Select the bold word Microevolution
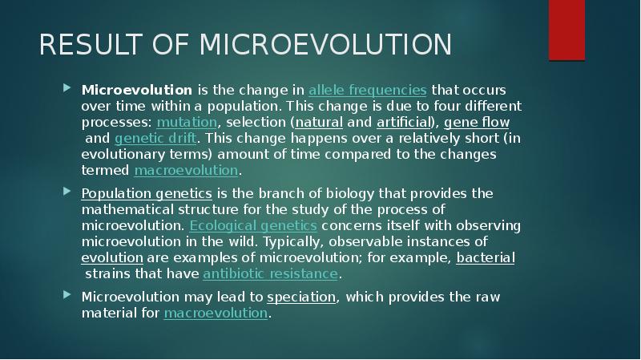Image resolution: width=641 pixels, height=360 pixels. point(136,90)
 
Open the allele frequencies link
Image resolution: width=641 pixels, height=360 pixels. point(367,90)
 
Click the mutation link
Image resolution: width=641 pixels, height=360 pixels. point(187,122)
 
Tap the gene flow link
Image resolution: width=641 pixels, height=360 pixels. point(477,122)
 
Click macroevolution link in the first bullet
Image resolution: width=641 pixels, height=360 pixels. point(186,170)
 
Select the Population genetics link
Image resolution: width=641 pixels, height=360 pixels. point(147,194)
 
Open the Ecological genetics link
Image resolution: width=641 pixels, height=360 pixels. point(253,226)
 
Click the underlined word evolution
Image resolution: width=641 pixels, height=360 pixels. point(112,258)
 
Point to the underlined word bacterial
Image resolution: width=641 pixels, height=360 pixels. point(486,258)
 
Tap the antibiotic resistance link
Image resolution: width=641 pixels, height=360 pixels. point(271,274)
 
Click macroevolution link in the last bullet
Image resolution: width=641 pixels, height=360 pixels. point(215,313)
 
